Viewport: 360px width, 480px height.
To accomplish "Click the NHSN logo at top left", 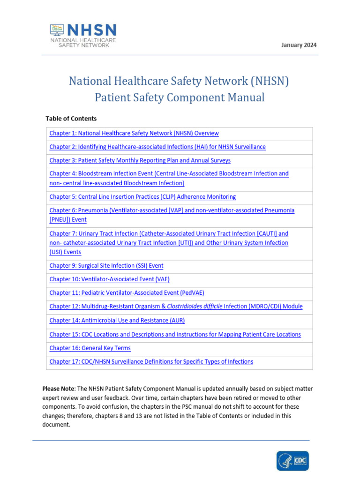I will [83, 36].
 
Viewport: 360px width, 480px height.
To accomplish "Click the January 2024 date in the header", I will [299, 45].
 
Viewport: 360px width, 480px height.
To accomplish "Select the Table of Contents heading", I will [71, 119].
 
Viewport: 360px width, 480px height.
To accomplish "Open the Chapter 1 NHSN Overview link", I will [134, 134].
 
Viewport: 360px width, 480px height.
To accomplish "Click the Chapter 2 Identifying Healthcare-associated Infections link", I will [157, 147].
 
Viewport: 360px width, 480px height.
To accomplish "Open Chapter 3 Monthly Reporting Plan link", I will [140, 161].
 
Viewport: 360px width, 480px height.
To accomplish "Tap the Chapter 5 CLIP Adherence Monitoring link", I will [142, 197].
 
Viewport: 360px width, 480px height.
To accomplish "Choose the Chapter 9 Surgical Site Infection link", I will [106, 266].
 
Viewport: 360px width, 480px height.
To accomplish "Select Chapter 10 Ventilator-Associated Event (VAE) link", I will [109, 279].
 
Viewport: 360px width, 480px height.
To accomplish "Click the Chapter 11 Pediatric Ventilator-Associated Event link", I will [127, 293].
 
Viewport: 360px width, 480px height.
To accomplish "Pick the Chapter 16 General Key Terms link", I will [90, 348].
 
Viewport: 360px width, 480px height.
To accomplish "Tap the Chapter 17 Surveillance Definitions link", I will [151, 362].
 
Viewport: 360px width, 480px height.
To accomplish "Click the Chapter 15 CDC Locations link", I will [175, 335].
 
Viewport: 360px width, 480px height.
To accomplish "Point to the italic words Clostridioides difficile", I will [195, 307].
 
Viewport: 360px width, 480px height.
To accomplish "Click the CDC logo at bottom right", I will [292, 461].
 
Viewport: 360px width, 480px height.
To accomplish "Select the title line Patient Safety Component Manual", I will [180, 97].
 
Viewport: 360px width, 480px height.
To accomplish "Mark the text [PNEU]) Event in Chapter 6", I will [68, 220].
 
